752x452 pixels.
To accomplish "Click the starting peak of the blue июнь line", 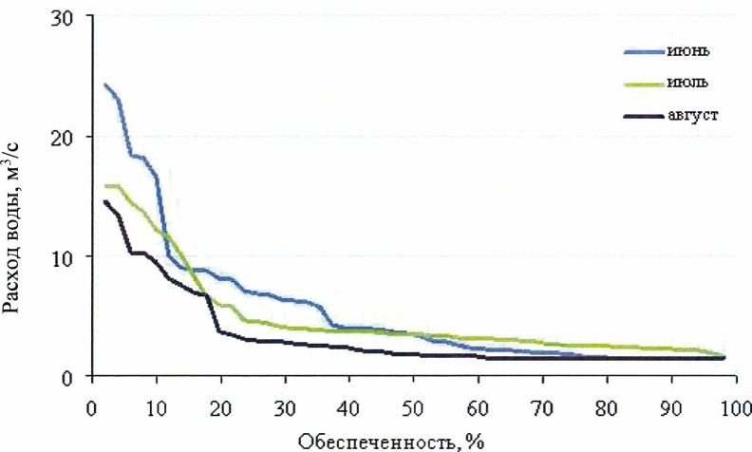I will click(105, 85).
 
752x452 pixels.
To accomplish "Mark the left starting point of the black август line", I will click(104, 201).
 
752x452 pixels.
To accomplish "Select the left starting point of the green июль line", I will click(105, 186).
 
